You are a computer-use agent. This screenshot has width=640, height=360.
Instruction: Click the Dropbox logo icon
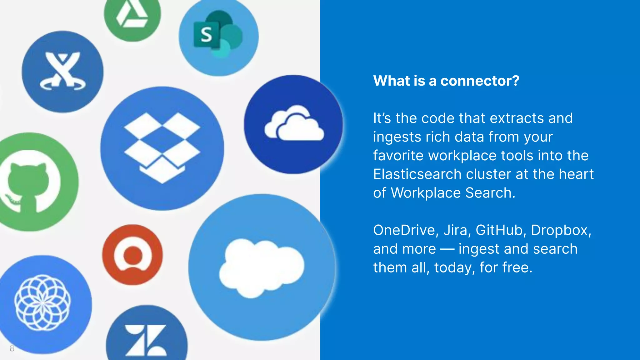tap(162, 148)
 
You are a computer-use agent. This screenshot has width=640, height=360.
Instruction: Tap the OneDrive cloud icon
tap(294, 124)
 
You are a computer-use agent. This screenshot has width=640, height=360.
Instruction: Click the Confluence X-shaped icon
tap(62, 71)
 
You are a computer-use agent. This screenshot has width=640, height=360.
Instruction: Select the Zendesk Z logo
tap(146, 340)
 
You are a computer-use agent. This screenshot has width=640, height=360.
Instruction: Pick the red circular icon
tap(132, 255)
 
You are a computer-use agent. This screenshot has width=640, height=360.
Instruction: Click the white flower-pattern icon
tap(42, 302)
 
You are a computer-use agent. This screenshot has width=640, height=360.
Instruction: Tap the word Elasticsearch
tap(417, 174)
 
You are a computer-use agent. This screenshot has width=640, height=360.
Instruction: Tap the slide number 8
tap(12, 348)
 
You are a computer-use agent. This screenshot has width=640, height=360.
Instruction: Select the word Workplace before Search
tap(426, 193)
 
